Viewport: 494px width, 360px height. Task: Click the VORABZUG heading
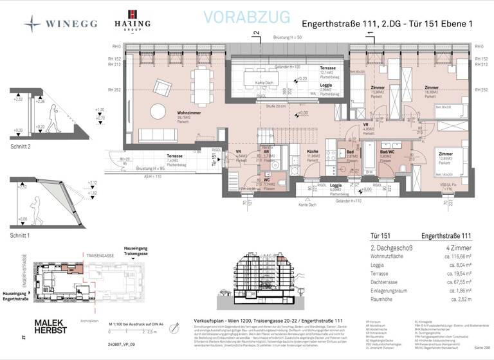click(246, 17)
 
